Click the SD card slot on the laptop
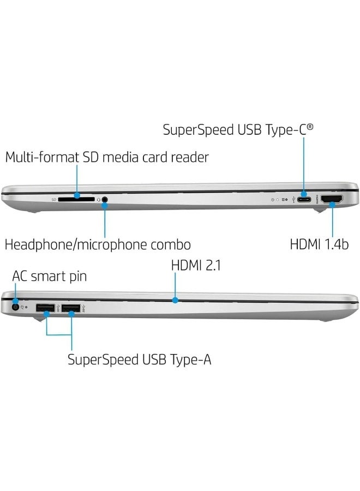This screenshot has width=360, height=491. [76, 200]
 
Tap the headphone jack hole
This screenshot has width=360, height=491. [104, 200]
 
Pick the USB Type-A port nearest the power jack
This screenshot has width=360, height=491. [44, 309]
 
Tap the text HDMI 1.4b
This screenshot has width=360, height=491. [319, 244]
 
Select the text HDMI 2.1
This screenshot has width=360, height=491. [196, 266]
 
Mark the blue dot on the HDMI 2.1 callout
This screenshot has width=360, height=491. [175, 299]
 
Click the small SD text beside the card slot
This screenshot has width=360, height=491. [54, 200]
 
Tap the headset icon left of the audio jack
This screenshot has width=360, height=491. [98, 200]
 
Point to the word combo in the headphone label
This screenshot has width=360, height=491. [172, 244]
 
